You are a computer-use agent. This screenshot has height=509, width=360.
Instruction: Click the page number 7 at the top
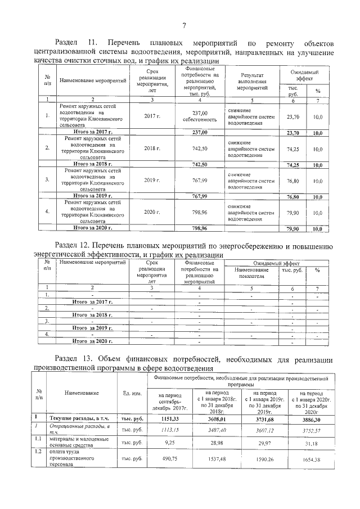pyautogui.click(x=183, y=24)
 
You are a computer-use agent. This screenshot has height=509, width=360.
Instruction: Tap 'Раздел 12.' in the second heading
pyautogui.click(x=73, y=246)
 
